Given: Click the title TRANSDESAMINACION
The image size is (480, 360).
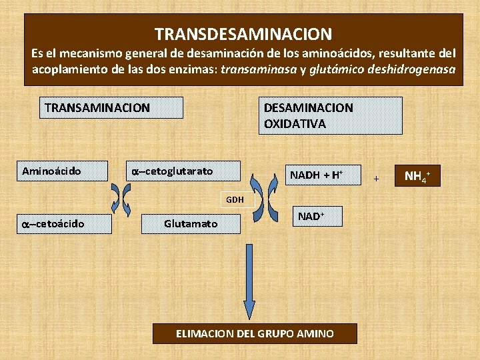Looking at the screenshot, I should (x=243, y=33).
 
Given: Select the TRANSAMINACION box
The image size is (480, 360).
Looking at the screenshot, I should (x=111, y=107).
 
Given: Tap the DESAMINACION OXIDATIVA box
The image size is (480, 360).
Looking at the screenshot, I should (x=330, y=116).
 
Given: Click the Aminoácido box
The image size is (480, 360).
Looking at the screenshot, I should (x=64, y=171).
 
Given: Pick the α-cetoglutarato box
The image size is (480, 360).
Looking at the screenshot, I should (x=183, y=171).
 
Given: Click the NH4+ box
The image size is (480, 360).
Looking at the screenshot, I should (x=418, y=176).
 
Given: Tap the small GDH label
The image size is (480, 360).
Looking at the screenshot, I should (x=235, y=199).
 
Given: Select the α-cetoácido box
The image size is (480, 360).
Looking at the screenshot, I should (x=64, y=223).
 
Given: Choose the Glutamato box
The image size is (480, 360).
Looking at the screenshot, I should (x=191, y=223).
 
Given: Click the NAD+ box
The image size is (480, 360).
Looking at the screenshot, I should (x=317, y=217).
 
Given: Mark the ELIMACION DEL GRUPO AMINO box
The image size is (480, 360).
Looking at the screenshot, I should (x=255, y=333).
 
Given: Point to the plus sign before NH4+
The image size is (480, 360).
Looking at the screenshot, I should (x=376, y=179).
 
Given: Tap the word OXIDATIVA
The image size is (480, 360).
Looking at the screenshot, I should (x=295, y=123).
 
